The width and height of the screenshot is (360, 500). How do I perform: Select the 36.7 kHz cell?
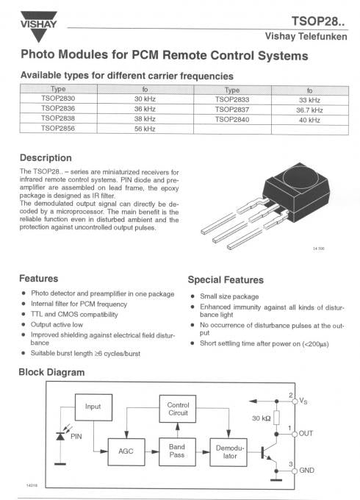click(309, 109)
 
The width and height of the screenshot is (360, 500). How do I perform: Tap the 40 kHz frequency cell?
click(309, 118)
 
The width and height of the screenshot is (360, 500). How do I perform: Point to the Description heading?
click(46, 157)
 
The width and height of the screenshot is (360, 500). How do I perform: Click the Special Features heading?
click(226, 279)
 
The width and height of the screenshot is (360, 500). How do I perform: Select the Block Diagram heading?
click(51, 372)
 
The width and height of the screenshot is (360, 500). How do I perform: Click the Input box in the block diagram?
click(93, 406)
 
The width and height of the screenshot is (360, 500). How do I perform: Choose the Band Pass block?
click(177, 450)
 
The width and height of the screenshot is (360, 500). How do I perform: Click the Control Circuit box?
click(178, 410)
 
